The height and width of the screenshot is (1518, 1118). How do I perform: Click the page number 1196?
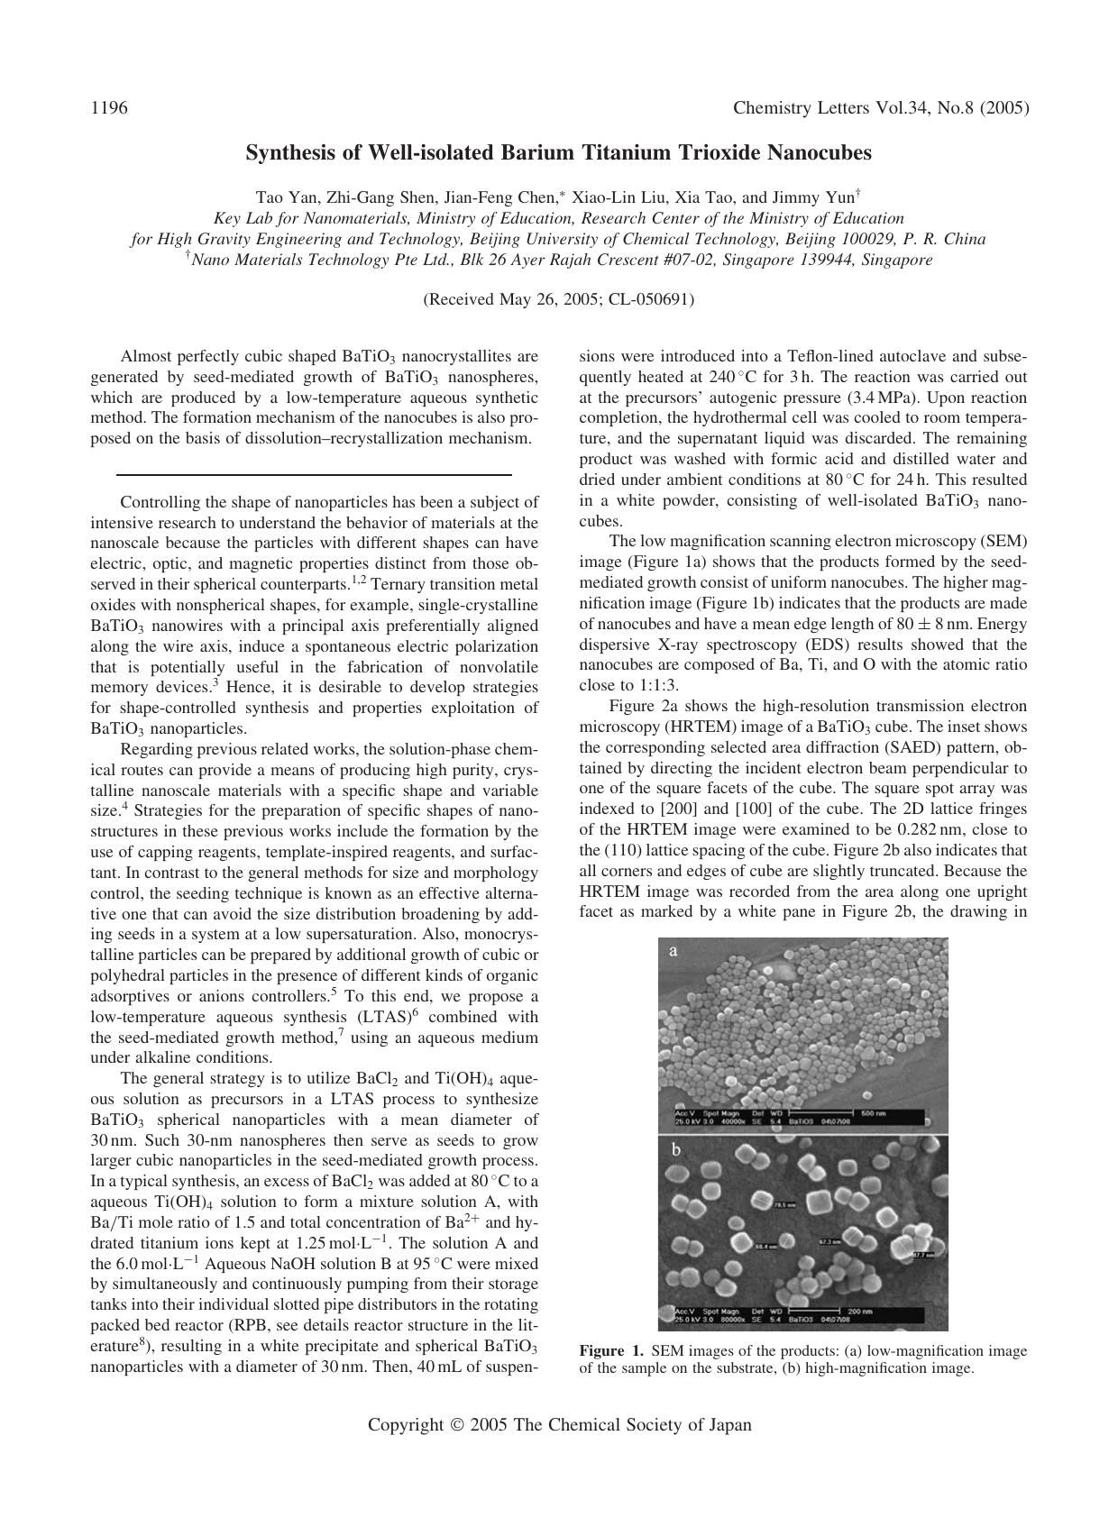point(109,109)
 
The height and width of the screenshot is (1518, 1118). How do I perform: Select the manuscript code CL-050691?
point(649,299)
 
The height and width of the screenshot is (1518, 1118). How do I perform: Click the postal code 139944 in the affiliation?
point(825,261)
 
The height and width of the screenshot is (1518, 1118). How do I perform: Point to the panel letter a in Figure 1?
point(673,951)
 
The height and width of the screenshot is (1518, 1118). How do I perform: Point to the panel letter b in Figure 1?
point(675,1150)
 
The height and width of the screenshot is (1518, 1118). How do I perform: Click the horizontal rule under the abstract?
point(314,474)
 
